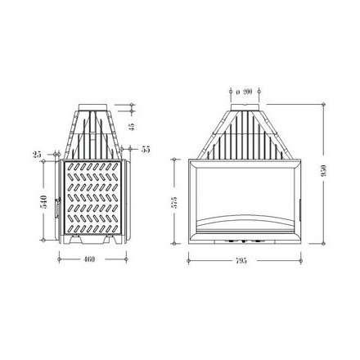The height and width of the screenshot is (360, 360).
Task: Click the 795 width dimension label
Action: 241,259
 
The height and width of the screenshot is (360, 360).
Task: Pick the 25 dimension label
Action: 37,152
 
